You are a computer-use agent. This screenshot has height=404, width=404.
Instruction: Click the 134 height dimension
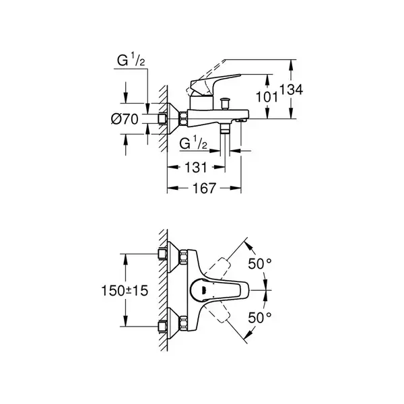291,90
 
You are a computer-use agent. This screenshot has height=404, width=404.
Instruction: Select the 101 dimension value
267,98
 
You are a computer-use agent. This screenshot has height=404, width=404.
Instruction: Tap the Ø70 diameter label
125,119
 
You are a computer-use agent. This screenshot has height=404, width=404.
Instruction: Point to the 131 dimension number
196,168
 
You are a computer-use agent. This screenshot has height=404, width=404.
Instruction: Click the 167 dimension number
204,189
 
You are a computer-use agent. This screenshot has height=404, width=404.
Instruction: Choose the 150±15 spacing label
125,291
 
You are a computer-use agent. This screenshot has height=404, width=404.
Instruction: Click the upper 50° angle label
260,263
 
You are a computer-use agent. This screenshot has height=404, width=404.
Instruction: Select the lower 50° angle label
260,317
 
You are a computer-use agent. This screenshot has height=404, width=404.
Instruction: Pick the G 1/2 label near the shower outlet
193,143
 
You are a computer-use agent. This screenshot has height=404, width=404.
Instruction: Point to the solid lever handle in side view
214,81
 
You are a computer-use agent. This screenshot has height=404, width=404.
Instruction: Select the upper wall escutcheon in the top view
173,257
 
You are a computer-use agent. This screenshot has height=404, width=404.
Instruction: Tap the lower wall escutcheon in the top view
173,324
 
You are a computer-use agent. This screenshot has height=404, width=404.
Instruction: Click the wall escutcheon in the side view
173,119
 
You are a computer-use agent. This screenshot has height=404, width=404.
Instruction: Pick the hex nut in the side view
183,119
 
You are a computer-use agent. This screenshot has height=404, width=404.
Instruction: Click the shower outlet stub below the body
225,128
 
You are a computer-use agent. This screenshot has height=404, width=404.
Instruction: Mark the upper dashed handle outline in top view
217,268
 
